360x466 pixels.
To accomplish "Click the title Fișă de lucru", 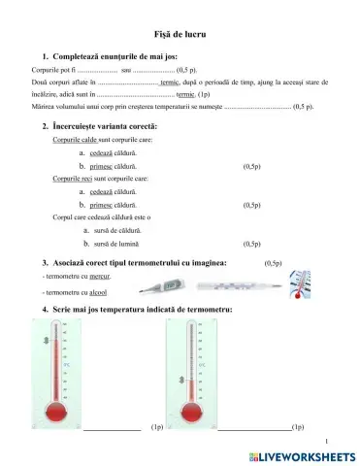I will coord(180,34).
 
